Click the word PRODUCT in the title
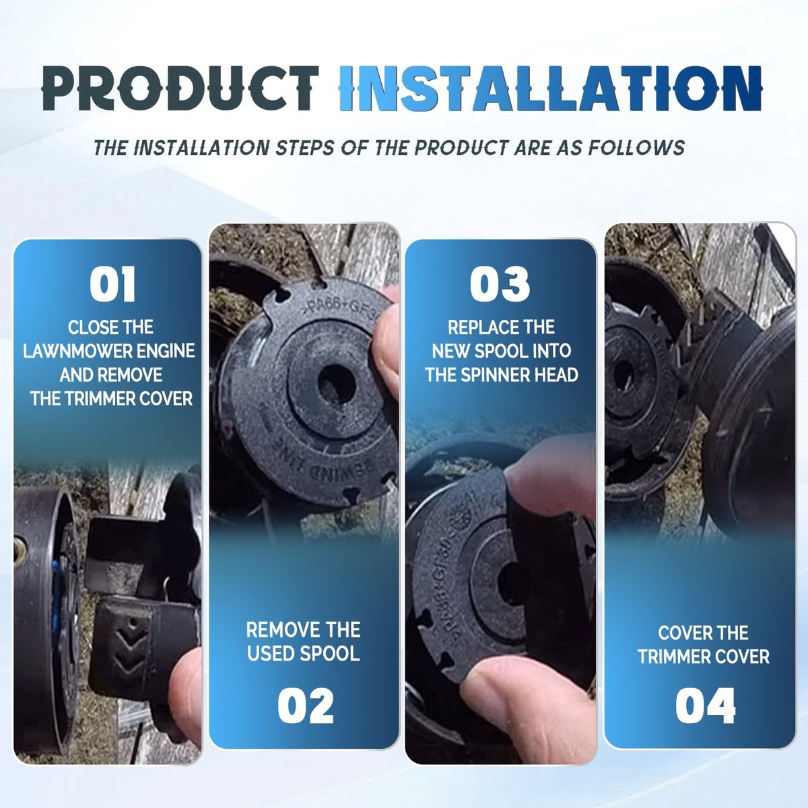[180, 88]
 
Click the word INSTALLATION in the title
[550, 88]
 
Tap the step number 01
[112, 284]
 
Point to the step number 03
[500, 284]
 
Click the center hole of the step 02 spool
[336, 383]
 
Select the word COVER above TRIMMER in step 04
[703, 633]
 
